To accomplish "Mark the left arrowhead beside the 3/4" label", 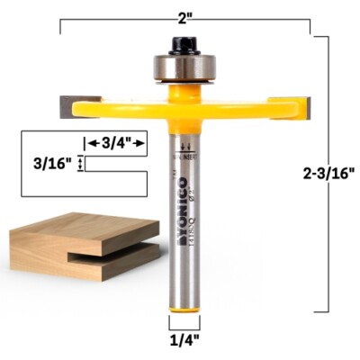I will (x=88, y=143).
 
